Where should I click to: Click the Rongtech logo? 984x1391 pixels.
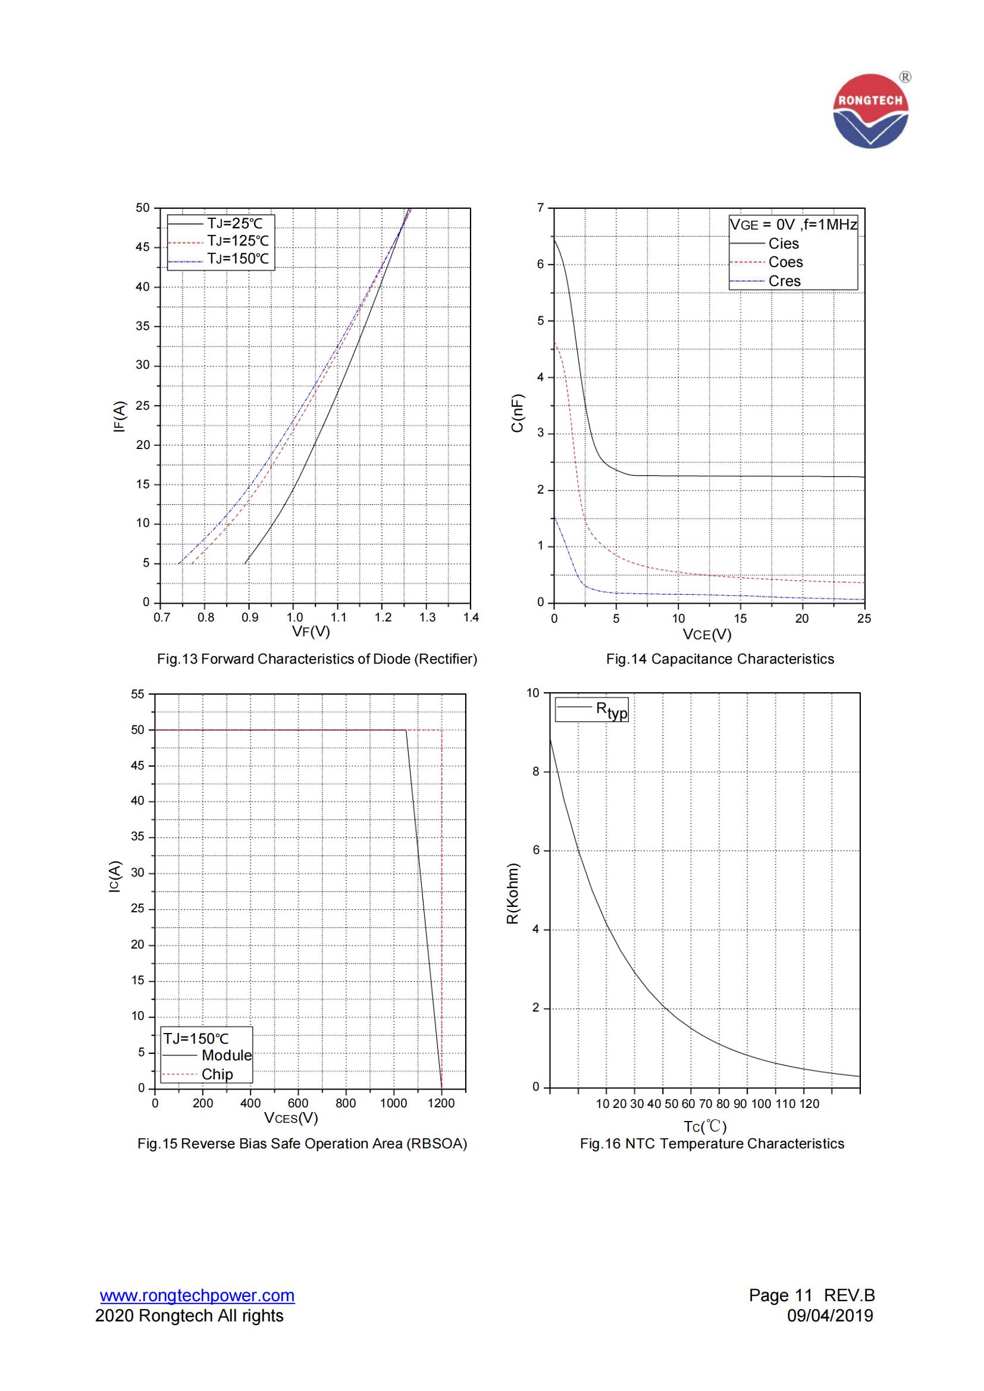[x=871, y=111]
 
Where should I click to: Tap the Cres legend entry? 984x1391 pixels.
[x=784, y=281]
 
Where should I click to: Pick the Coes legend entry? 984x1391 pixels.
[x=785, y=262]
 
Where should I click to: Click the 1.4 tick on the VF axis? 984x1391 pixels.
[x=471, y=617]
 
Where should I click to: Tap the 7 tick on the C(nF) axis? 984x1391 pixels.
[x=540, y=208]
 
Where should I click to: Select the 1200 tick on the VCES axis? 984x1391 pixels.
[x=441, y=1103]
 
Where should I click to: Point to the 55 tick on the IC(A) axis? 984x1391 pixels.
[x=138, y=693]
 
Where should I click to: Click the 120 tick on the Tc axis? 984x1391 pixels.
[x=809, y=1104]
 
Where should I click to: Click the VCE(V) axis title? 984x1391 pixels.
[x=707, y=635]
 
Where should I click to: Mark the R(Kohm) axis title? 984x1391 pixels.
[x=513, y=894]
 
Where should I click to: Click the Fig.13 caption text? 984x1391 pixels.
[x=317, y=658]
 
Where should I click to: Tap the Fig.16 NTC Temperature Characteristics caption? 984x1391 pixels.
[x=712, y=1143]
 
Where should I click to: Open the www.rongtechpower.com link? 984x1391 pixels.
[x=198, y=1295]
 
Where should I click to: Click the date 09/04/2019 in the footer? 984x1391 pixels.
[x=829, y=1315]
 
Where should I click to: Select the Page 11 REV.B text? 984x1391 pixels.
[x=811, y=1295]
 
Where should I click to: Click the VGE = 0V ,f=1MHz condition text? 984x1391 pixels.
[x=793, y=225]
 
